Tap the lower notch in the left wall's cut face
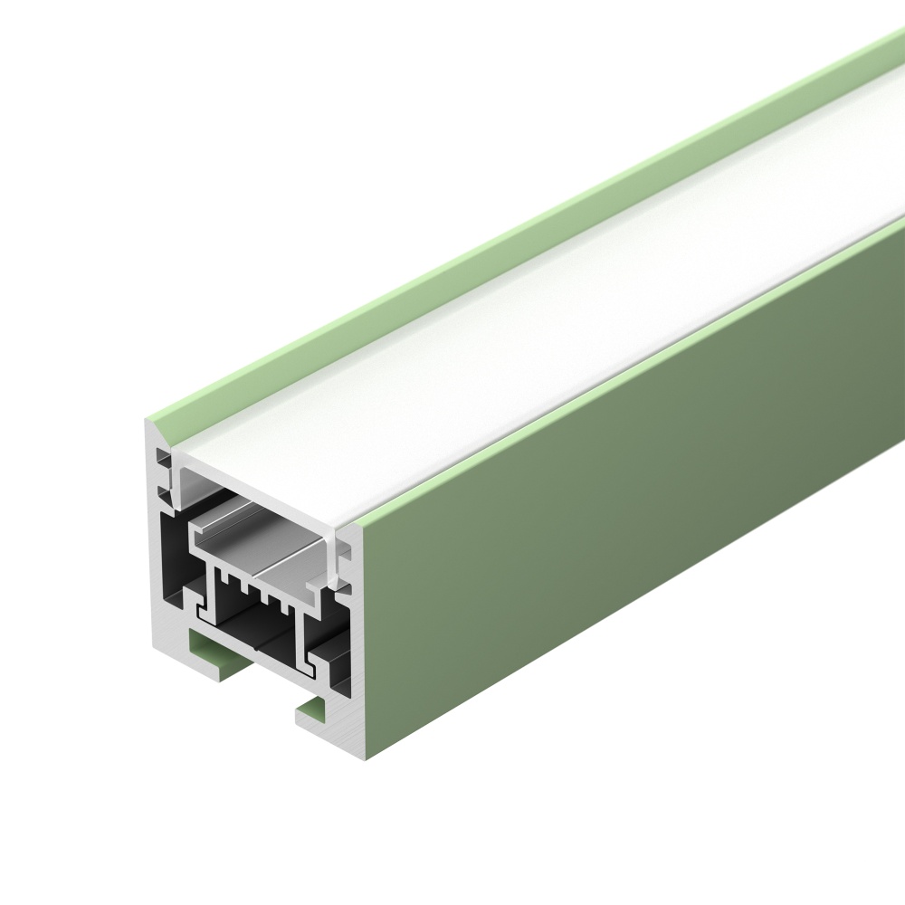163,493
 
